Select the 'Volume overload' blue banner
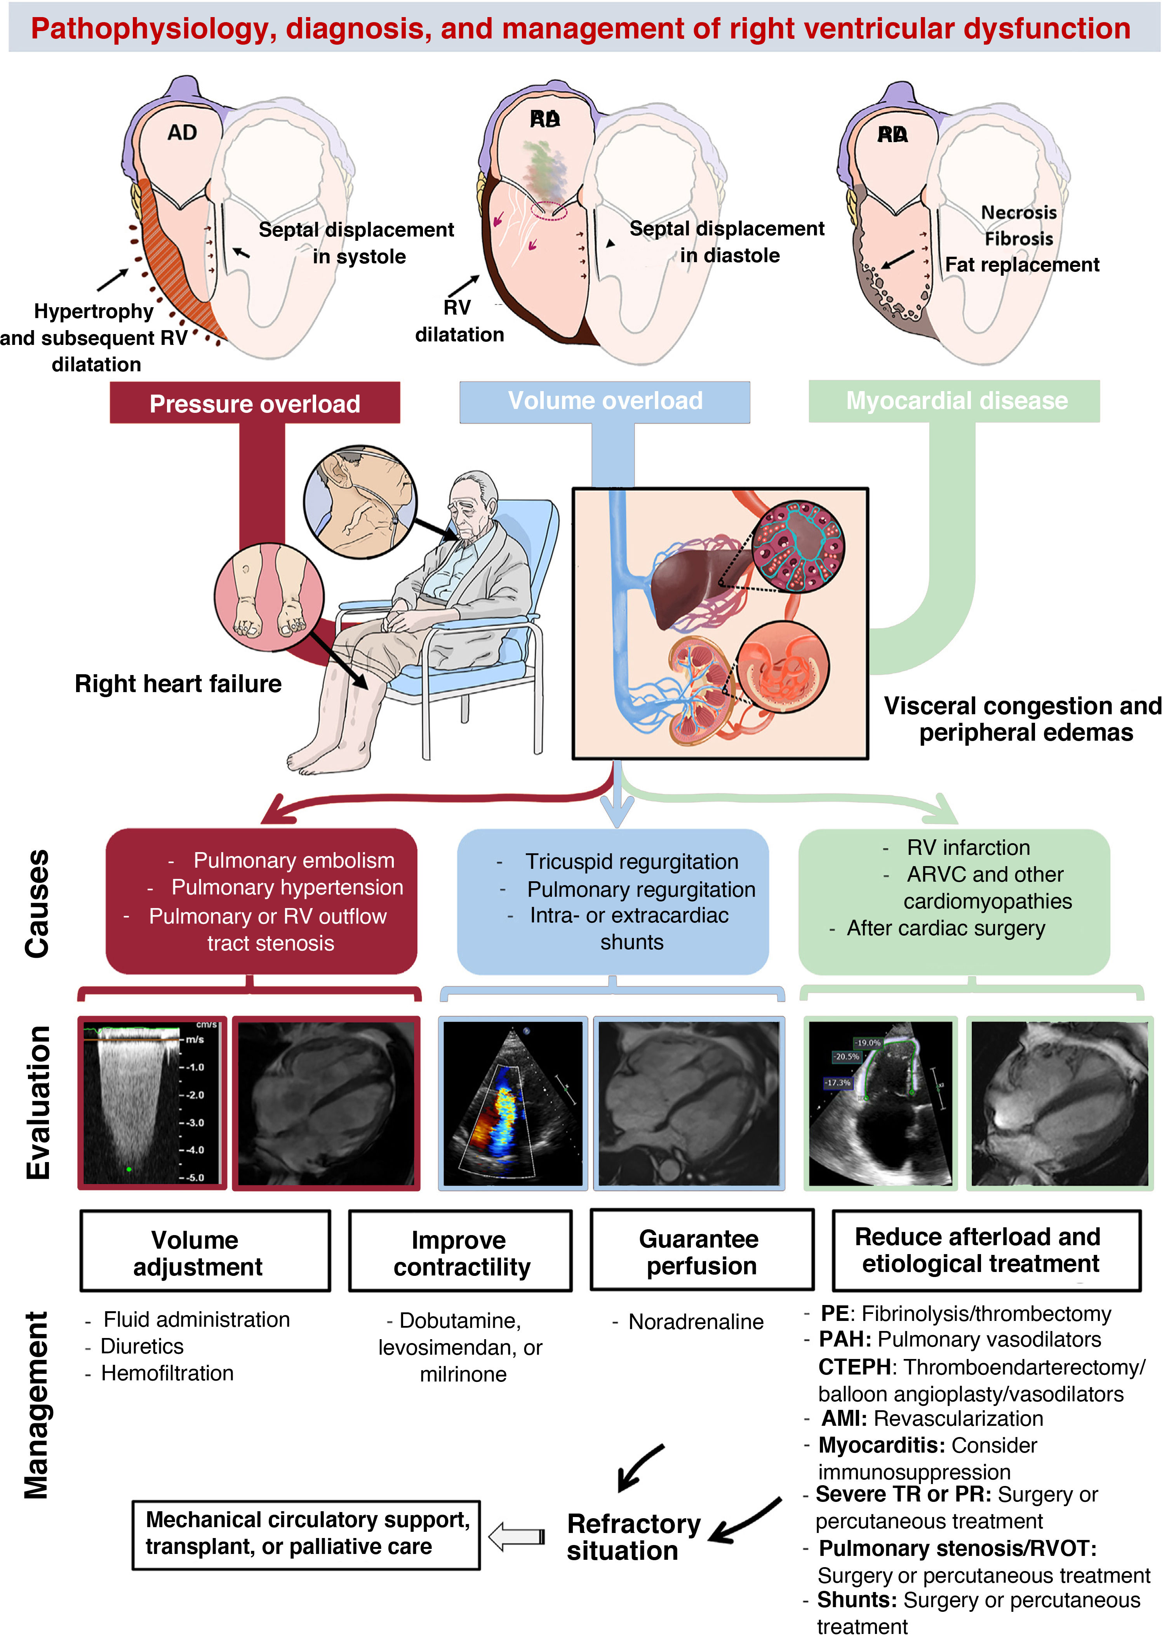[605, 401]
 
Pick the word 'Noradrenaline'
[695, 1322]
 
